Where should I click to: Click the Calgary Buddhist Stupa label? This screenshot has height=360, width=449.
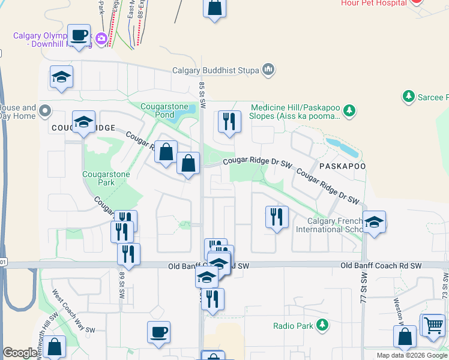tap(215, 70)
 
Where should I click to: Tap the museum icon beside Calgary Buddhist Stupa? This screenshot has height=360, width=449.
tap(268, 70)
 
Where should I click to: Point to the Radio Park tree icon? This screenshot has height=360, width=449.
tap(322, 325)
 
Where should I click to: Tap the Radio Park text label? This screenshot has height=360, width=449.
tap(293, 326)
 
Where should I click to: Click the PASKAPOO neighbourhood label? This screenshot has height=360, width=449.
tap(342, 166)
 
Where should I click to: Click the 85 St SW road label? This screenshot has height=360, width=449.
tap(203, 95)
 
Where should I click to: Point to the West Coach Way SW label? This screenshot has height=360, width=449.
tap(73, 311)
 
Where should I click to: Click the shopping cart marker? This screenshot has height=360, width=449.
tap(433, 325)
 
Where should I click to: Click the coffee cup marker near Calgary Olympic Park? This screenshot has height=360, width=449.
tap(79, 35)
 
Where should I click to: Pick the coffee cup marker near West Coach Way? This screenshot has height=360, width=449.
tap(158, 332)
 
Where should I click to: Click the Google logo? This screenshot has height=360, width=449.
tap(20, 353)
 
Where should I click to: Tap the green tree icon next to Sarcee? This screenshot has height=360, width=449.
tap(408, 96)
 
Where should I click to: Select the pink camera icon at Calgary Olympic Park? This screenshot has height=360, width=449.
tap(101, 38)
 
